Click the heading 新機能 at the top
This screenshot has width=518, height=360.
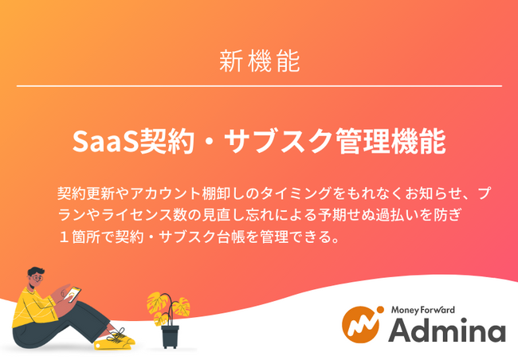(x=260, y=61)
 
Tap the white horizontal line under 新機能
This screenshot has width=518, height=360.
(x=259, y=86)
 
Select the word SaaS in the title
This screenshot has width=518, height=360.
(x=105, y=141)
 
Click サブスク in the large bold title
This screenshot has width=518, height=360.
(x=277, y=141)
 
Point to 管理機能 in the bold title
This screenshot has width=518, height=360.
(x=390, y=141)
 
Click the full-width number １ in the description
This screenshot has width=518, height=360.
(x=64, y=237)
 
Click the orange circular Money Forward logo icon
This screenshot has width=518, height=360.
(x=360, y=325)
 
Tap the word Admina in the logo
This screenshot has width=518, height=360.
(x=446, y=330)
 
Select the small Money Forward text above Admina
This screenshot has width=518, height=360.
(x=423, y=310)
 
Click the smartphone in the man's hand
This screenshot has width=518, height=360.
(x=72, y=294)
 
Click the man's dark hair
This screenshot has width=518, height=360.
(x=35, y=272)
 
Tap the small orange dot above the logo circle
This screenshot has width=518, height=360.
(x=380, y=310)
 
